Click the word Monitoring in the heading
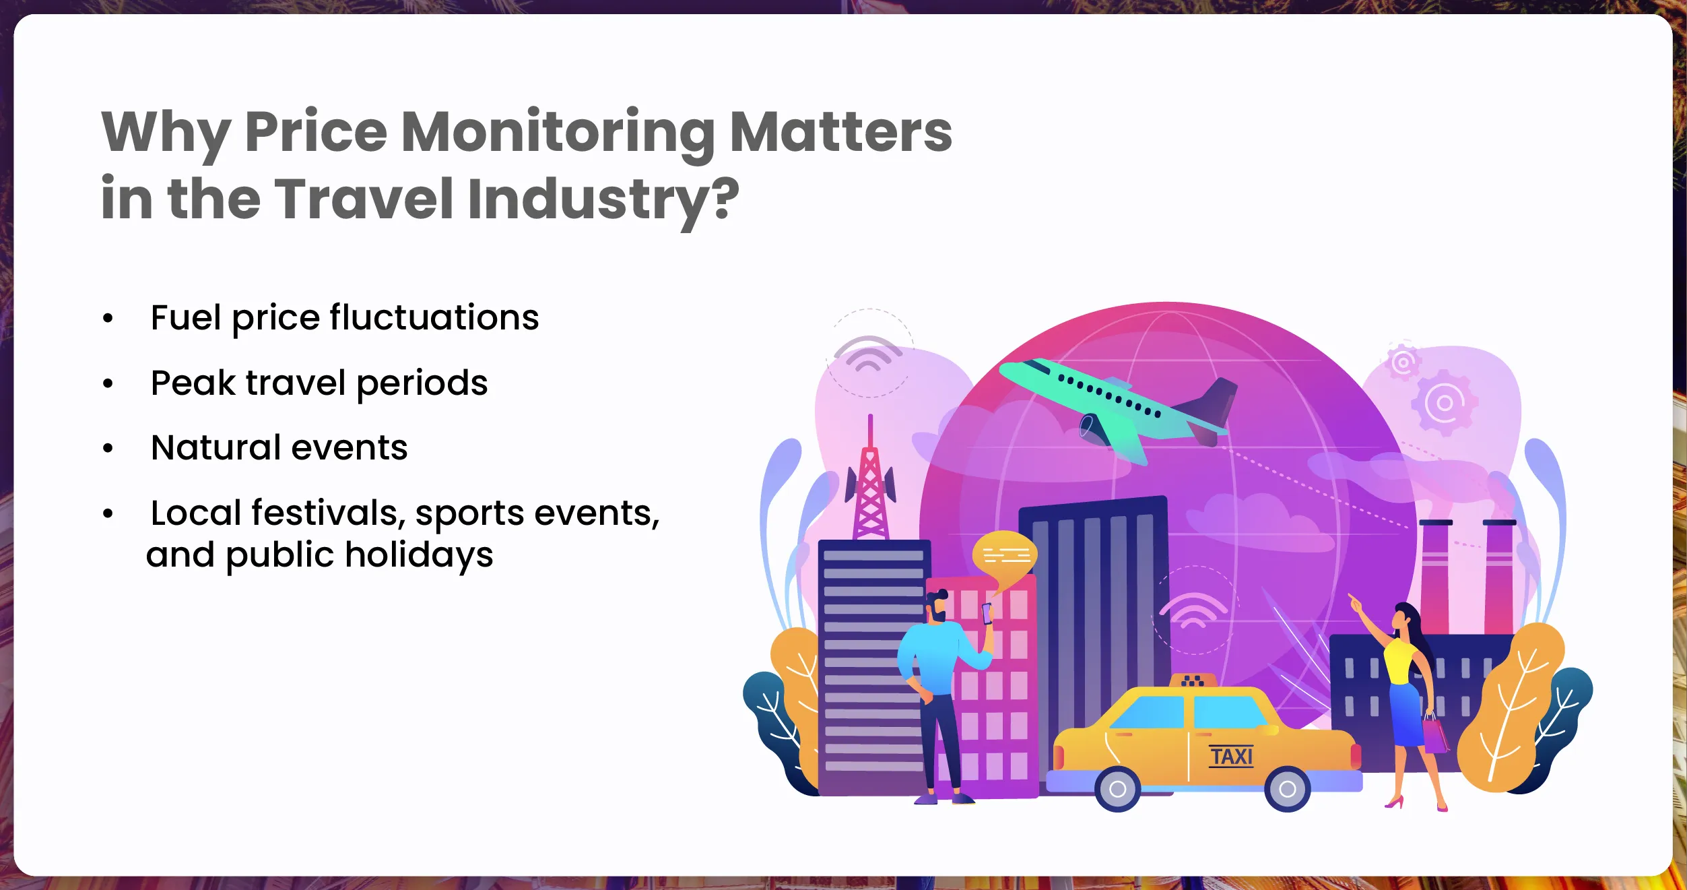tap(558, 133)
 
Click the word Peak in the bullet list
tap(193, 383)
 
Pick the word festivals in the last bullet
tap(328, 513)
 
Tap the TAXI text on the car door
tap(1231, 757)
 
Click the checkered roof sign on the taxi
tap(1193, 680)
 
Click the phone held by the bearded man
tap(987, 613)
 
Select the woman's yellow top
tap(1400, 661)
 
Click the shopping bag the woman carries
tap(1435, 735)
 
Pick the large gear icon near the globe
tap(1444, 403)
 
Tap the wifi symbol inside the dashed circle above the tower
tap(869, 354)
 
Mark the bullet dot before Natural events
tap(108, 449)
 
